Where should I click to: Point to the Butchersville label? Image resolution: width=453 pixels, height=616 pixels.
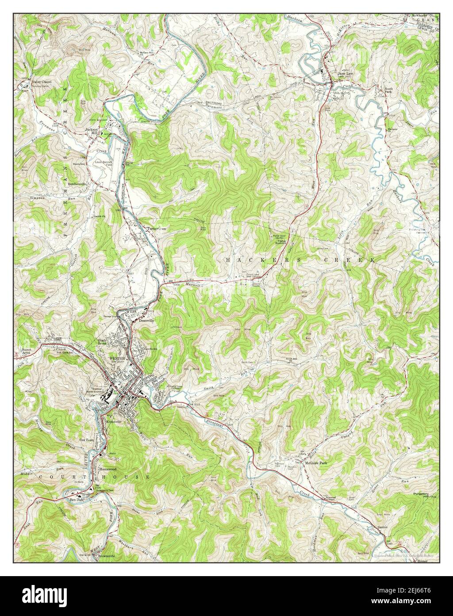(76, 183)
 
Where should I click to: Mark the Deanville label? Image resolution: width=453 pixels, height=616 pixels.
(146, 320)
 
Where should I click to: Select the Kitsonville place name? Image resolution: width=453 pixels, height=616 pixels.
(116, 421)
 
